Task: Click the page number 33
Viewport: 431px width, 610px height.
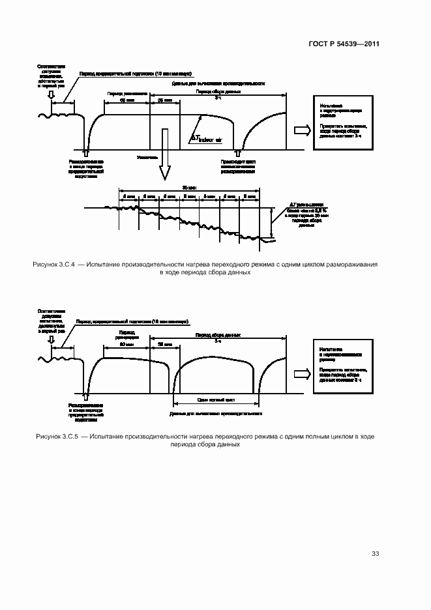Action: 376,554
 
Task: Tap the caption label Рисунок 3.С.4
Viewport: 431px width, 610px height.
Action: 54,265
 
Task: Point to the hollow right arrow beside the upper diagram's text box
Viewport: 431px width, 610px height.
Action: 302,130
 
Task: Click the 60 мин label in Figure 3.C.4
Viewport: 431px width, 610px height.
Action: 126,101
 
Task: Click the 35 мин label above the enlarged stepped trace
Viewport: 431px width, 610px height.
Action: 189,186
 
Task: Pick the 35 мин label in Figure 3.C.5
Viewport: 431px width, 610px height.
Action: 160,345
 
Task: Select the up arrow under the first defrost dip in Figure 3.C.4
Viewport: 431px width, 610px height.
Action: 84,152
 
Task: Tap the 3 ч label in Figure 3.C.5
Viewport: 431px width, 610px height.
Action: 218,340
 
